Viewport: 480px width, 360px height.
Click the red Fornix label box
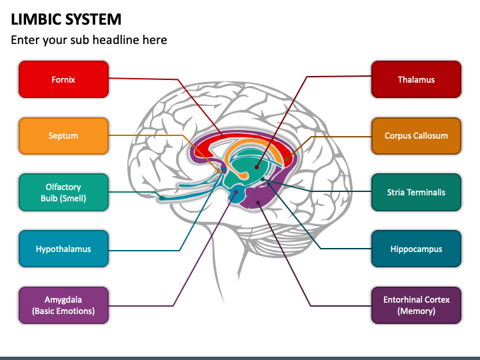coord(63,79)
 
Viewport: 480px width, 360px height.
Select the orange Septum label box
coord(63,136)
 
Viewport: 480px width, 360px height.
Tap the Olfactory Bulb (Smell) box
coord(63,193)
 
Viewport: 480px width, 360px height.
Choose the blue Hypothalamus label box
coord(63,249)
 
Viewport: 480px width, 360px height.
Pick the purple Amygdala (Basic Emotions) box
coord(63,305)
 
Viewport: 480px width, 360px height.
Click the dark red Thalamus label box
coord(416,79)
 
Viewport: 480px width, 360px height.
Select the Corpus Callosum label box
coord(416,136)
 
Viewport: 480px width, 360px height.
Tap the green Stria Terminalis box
coord(416,193)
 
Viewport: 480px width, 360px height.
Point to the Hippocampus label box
coord(416,249)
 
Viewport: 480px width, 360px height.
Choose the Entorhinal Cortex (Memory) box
coord(416,305)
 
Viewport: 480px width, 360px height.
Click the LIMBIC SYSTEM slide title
coord(66,19)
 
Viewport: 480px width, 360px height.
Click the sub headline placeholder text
coord(89,40)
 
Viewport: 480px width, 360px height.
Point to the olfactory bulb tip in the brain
coord(162,197)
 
